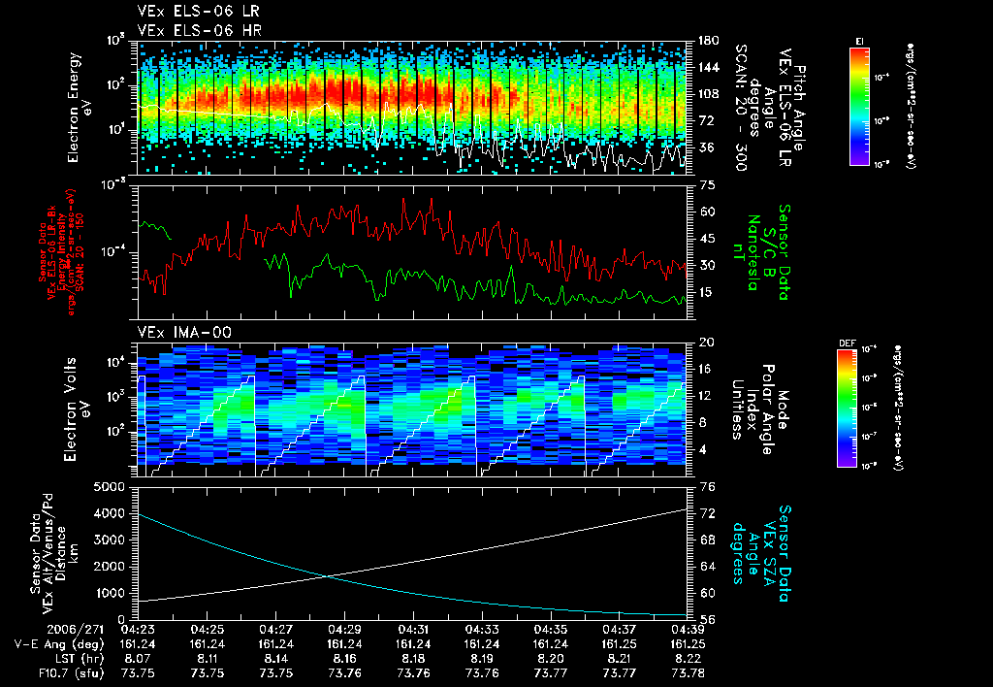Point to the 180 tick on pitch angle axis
point(705,41)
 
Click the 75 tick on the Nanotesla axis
point(705,183)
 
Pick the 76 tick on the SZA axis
point(705,486)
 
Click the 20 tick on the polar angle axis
point(705,343)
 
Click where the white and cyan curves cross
point(327,576)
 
